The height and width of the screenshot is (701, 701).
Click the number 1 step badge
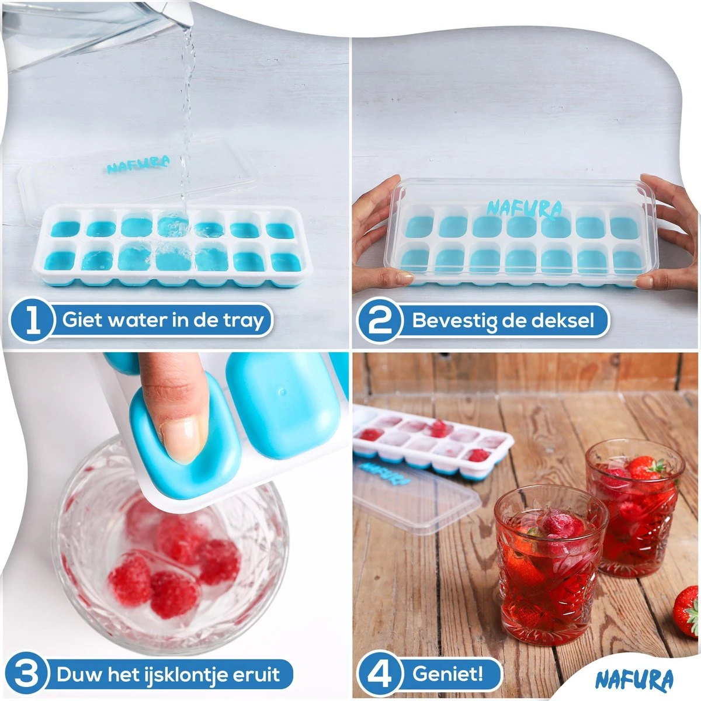pos(33,321)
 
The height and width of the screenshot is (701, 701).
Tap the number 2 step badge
pos(380,321)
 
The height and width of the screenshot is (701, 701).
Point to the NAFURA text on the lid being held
pos(524,209)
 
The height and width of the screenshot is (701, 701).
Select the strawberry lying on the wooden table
pos(687,606)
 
